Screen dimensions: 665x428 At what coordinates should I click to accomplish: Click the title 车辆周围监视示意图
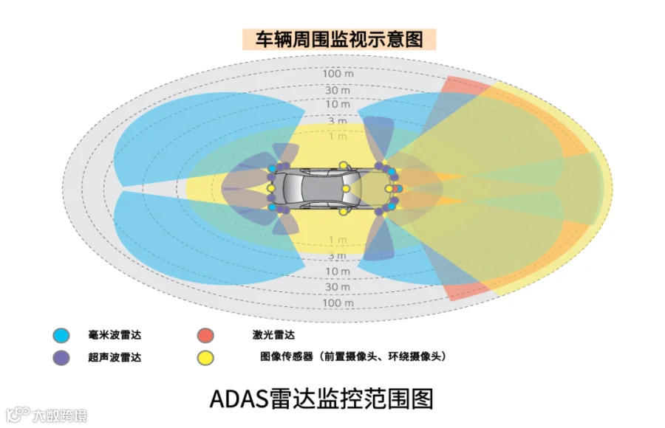coord(339,39)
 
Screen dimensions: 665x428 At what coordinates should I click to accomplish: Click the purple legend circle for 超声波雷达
coord(61,358)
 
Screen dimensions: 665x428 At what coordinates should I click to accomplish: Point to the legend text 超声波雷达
coord(115,358)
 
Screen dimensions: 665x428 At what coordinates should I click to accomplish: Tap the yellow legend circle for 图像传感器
coord(205,358)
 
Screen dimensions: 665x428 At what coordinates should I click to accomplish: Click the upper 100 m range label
coord(337,74)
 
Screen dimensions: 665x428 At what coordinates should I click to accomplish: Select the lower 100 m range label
coord(337,303)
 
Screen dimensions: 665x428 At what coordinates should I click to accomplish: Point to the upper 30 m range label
coord(337,90)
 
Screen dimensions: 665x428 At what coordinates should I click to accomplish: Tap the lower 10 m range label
coord(337,272)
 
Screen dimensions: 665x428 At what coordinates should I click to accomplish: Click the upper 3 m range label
coord(337,120)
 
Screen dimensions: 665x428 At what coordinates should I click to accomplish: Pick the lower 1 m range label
coord(337,240)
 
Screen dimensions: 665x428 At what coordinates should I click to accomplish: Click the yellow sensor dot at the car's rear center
coord(270,188)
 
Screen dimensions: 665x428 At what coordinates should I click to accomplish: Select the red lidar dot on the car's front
coord(399,188)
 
